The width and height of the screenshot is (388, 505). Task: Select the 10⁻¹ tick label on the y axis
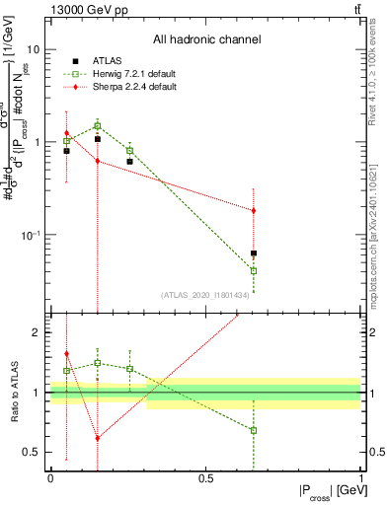[30, 235]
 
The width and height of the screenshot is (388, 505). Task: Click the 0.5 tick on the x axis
[205, 478]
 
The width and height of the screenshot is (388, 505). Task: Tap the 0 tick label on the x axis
[50, 478]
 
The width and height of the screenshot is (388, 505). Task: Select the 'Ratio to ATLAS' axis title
[12, 392]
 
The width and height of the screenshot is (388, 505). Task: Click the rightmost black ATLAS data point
[254, 253]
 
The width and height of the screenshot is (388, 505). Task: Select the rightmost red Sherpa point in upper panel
[254, 210]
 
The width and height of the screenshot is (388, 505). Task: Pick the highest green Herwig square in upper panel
[98, 125]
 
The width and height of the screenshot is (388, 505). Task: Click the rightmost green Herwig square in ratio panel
[254, 430]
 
